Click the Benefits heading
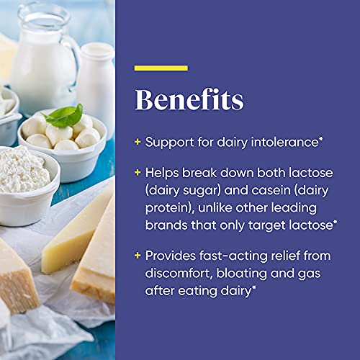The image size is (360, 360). (189, 100)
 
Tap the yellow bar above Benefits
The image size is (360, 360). (161, 68)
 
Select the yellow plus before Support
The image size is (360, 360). (137, 142)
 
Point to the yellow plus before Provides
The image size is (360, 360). (137, 257)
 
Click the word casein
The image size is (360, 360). (246, 189)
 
